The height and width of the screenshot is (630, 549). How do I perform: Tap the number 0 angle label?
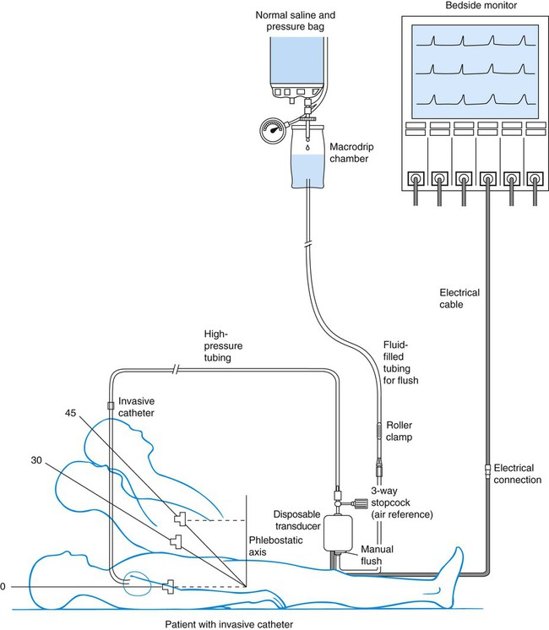pyautogui.click(x=3, y=585)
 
